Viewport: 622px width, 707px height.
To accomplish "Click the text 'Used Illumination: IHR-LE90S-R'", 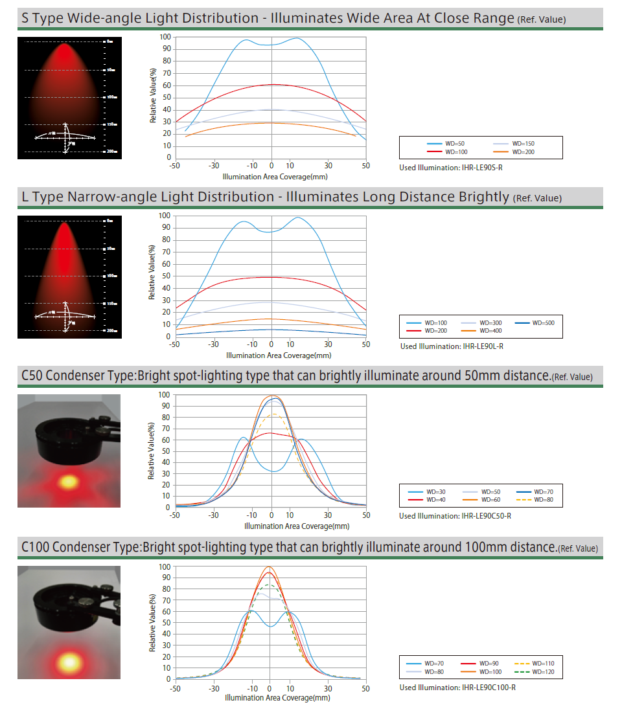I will point(452,168).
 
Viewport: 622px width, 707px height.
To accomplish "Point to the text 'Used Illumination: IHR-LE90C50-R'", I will point(455,516).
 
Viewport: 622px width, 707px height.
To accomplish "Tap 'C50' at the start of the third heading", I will point(32,376).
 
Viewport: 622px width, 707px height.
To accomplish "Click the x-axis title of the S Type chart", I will point(270,175).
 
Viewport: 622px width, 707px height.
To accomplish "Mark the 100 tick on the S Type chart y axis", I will point(166,37).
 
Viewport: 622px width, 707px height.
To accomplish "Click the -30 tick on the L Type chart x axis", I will point(214,344).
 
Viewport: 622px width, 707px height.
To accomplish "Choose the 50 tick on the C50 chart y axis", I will point(166,451).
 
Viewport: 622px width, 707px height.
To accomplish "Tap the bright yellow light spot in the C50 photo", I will point(67,482).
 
